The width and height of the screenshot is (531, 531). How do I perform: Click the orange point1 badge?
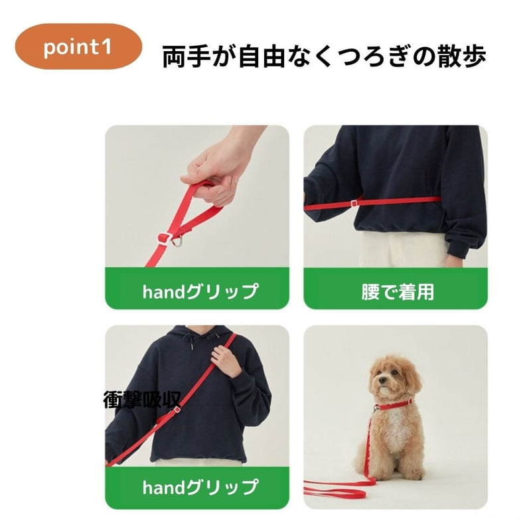pyautogui.click(x=78, y=46)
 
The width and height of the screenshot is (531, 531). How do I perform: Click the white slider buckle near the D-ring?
pyautogui.click(x=165, y=237)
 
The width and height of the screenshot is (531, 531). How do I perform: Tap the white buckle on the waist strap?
pyautogui.click(x=354, y=203)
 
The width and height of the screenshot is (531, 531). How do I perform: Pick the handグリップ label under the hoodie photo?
pyautogui.click(x=197, y=488)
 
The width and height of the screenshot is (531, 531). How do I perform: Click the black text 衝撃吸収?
pyautogui.click(x=142, y=400)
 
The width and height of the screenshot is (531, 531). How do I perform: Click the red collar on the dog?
pyautogui.click(x=394, y=405)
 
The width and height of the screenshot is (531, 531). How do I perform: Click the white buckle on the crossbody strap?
pyautogui.click(x=177, y=410)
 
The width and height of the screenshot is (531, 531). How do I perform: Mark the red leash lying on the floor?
pyautogui.click(x=339, y=488)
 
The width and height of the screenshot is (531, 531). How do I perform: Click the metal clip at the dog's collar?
pyautogui.click(x=375, y=409)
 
